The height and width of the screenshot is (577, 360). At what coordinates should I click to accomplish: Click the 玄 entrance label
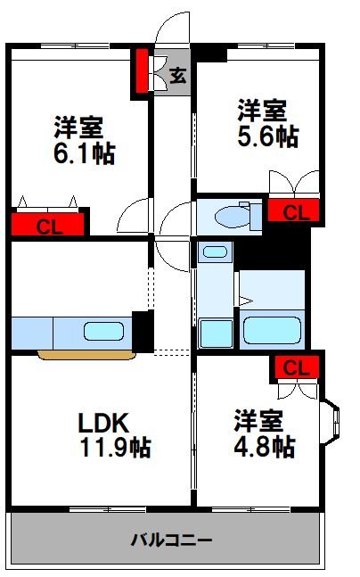click(177, 76)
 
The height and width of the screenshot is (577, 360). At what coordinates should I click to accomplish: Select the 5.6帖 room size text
click(267, 136)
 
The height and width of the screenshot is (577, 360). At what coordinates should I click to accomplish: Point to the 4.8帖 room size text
click(265, 445)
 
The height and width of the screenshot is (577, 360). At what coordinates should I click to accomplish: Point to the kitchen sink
click(106, 333)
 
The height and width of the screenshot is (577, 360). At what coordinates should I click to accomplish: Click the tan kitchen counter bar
click(87, 354)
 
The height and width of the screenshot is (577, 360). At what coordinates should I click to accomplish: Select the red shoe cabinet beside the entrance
click(142, 73)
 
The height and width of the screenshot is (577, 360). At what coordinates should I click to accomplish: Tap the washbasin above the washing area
click(214, 251)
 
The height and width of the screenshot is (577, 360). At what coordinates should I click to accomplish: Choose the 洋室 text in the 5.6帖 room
click(261, 111)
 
